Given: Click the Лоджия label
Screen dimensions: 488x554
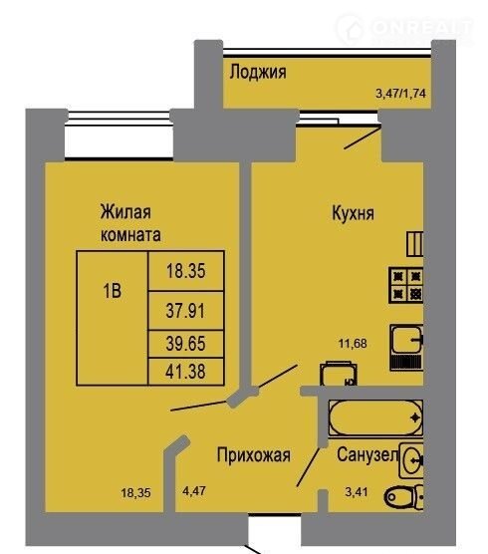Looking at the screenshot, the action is (x=258, y=73).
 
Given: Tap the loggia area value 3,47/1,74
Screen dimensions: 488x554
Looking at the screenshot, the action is (x=400, y=94).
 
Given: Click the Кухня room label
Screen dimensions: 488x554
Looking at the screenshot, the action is (x=353, y=213).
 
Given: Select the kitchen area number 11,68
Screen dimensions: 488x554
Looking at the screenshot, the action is (x=353, y=343).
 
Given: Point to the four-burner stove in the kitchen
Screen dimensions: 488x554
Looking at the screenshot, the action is (x=406, y=285).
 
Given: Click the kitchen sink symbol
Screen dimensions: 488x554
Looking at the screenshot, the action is (x=406, y=348).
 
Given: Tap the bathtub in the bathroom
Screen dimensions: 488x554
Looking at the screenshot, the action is (x=375, y=417).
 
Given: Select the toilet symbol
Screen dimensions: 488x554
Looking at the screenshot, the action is (x=403, y=497).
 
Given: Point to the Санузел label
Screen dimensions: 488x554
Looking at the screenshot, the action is (x=367, y=454).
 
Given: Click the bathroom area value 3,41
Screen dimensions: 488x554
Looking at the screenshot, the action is (x=357, y=491).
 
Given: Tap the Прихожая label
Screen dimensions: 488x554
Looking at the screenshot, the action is (x=254, y=455).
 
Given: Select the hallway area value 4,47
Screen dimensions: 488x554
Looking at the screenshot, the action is (x=194, y=491).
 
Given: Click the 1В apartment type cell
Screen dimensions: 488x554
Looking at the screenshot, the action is (x=113, y=318).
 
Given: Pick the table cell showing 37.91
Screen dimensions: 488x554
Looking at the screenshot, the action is (x=185, y=311).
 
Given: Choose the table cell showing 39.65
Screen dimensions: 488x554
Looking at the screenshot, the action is (x=185, y=344).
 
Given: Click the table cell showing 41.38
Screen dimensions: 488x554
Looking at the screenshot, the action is (x=185, y=372).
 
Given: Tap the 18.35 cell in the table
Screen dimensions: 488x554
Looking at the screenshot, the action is (x=185, y=271).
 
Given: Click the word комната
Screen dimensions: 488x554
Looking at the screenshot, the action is (x=130, y=235).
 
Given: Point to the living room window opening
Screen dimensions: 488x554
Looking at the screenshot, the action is (x=119, y=137).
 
